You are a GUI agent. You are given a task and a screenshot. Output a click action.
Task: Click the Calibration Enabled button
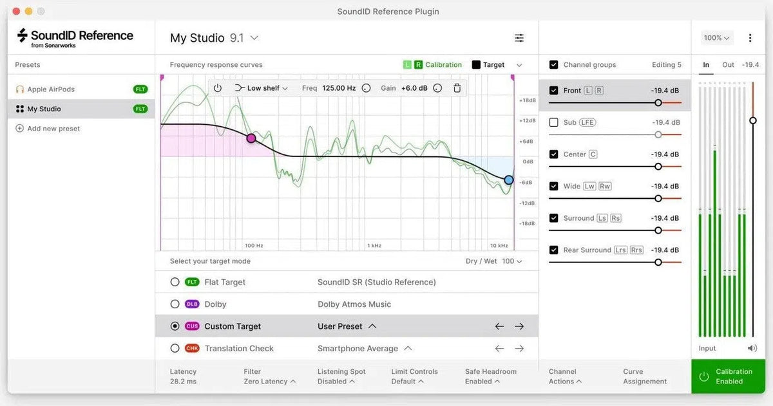(728, 376)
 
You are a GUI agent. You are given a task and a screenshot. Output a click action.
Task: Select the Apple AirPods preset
(51, 89)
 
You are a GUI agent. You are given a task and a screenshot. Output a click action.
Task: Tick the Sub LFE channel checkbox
(553, 122)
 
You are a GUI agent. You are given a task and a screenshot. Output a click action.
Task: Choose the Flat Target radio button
(175, 282)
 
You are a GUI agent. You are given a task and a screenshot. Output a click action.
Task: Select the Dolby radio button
(175, 304)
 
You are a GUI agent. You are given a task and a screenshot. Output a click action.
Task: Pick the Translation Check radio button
(175, 349)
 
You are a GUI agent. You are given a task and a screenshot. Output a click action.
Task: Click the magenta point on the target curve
(251, 138)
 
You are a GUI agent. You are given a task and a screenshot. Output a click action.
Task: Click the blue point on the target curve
(509, 180)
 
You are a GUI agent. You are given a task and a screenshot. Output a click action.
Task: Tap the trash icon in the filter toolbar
(457, 88)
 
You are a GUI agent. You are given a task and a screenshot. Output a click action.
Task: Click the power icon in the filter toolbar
(218, 88)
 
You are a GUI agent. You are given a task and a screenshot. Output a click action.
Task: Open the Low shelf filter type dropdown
(262, 88)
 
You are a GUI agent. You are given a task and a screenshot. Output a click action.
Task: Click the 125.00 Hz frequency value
(339, 88)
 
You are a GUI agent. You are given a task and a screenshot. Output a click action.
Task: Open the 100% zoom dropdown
(716, 38)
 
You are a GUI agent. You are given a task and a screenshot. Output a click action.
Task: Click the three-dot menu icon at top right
(750, 38)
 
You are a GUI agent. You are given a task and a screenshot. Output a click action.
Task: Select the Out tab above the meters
(728, 65)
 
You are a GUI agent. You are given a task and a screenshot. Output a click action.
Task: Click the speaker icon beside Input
(752, 348)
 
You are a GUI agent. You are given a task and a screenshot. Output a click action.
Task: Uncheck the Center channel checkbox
(553, 154)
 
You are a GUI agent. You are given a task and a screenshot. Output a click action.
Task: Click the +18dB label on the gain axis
(528, 100)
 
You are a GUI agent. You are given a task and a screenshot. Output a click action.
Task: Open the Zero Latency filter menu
(269, 382)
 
